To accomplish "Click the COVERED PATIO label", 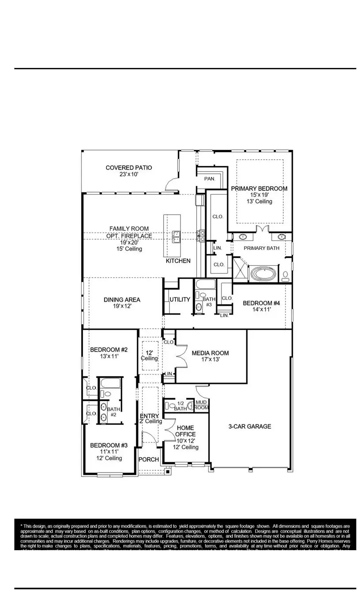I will [x=128, y=168].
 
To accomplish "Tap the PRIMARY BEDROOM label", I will [x=259, y=188].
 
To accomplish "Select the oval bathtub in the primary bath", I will [x=263, y=274].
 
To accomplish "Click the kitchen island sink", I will [x=176, y=236].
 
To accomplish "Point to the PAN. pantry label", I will [x=210, y=179].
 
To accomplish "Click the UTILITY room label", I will [x=180, y=300].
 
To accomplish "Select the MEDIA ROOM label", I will [x=210, y=353].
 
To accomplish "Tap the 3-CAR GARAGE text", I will [x=249, y=426].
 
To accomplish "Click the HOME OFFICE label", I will [x=186, y=431].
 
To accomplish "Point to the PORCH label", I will [x=149, y=459].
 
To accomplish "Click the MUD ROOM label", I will [x=202, y=405].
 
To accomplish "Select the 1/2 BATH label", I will [x=180, y=406].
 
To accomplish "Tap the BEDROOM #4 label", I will [x=261, y=303].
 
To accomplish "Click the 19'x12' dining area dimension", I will [x=122, y=306].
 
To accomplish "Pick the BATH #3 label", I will [x=209, y=302].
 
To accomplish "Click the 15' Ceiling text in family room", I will [x=128, y=249].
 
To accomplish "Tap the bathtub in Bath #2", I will [x=110, y=383].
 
